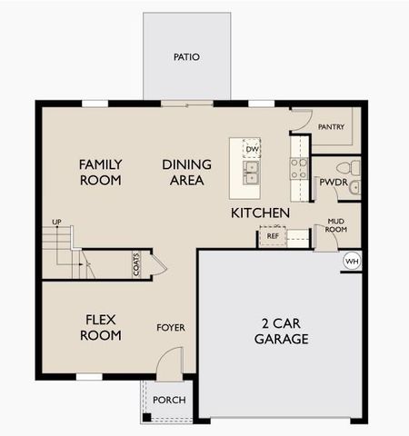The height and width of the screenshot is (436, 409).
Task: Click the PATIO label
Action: coord(186,57)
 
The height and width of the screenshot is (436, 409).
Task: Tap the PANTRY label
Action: coord(332,127)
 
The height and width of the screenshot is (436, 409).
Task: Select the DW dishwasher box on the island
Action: coord(252,149)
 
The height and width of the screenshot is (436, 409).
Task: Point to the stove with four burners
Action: coord(298,168)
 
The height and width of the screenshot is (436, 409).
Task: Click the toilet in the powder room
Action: coord(346,168)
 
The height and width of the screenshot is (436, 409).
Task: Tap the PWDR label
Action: coord(328,183)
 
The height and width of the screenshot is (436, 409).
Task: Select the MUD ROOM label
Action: coord(336,224)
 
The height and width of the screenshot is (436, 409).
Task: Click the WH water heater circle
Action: coord(351,262)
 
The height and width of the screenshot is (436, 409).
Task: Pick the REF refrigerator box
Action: coord(272,236)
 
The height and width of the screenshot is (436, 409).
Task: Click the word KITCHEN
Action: coord(260,213)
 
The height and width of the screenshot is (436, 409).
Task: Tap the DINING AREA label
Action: coord(187,172)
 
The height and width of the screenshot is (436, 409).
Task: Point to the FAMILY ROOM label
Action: coord(101,172)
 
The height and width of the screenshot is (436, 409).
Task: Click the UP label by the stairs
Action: coord(56,223)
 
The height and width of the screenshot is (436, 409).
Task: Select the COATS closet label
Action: coord(137,264)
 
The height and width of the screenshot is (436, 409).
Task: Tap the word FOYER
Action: coord(171,327)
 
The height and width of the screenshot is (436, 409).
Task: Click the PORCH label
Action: coord(169,401)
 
